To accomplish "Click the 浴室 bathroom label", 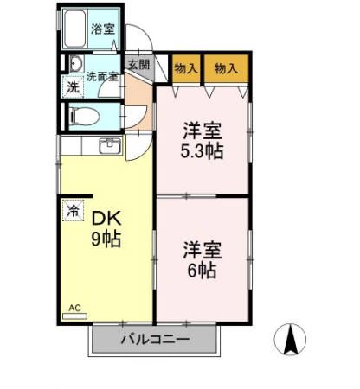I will coord(104,29).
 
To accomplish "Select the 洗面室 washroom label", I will coord(101,75).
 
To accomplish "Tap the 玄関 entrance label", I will coord(138,65).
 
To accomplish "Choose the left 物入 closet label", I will coord(185,68).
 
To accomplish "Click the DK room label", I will coord(105,219).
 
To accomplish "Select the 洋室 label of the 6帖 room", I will coord(202,251).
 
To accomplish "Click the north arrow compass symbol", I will coord(290,340).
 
